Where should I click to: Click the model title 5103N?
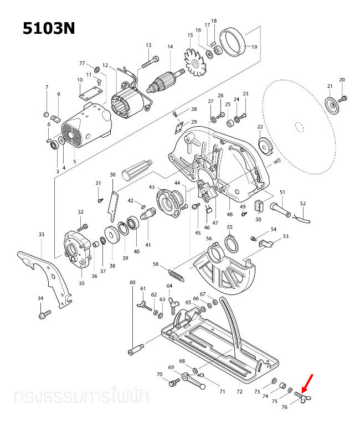48,28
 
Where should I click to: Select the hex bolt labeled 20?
343,99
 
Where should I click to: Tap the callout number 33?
41,235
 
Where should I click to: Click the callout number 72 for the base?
239,392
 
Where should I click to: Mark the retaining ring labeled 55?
230,243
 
